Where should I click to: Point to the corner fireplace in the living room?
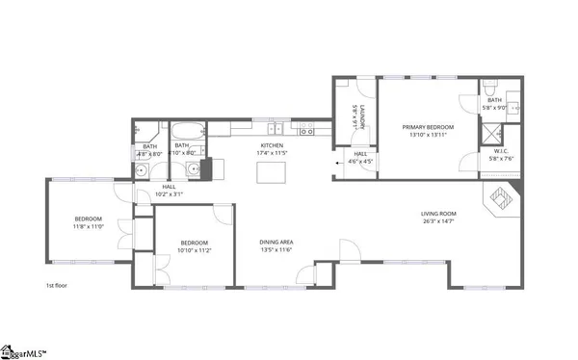(502, 199)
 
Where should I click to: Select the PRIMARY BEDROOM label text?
(429, 126)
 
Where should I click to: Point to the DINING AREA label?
(276, 242)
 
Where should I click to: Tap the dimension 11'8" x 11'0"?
(88, 226)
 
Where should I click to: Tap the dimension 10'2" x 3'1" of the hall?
(169, 194)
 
